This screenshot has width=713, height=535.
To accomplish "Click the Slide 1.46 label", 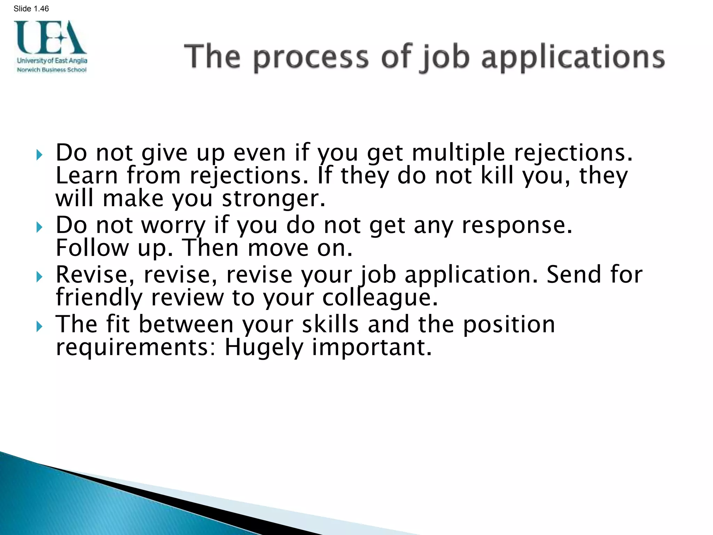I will pos(31,9).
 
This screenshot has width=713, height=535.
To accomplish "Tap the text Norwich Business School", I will pos(52,70).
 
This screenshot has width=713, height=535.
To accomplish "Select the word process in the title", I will pos(311,57).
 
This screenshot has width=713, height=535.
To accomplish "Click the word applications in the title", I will pos(573,57).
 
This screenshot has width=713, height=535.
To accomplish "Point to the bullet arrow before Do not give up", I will pos(39,154).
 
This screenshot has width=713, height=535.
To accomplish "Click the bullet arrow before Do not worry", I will pos(39,227).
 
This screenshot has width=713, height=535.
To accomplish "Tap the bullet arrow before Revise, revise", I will pos(39,277).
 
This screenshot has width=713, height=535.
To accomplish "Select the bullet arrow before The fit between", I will pos(39,326).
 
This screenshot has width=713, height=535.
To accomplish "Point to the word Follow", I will pos(92,248).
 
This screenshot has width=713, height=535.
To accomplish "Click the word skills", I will pos(330,325).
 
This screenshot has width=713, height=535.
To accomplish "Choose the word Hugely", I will pos(264,348).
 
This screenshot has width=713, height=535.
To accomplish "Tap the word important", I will pos(371,348).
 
